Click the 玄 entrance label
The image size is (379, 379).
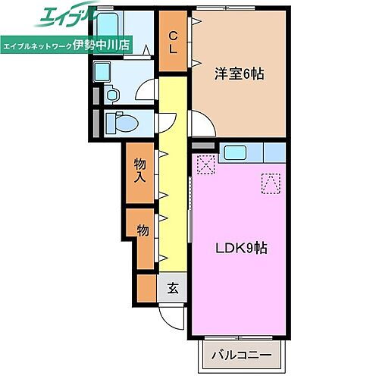[x=173, y=287]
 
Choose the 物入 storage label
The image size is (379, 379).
[x=141, y=171]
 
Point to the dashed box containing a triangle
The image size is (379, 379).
[x=271, y=182]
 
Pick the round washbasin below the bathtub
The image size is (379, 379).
[x=112, y=96]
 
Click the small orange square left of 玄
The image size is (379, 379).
[x=146, y=287]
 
